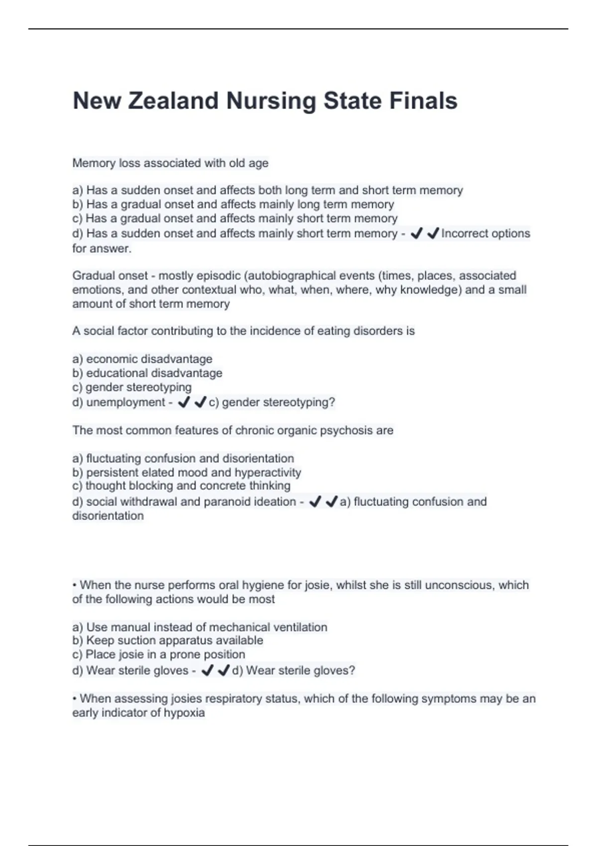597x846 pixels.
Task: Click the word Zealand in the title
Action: pyautogui.click(x=173, y=101)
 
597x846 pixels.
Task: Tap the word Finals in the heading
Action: pyautogui.click(x=423, y=101)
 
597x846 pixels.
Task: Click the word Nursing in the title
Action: pyautogui.click(x=271, y=101)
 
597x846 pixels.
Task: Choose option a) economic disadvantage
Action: pyautogui.click(x=142, y=359)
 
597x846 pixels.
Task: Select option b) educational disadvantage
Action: pyautogui.click(x=147, y=373)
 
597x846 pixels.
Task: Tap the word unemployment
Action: pyautogui.click(x=125, y=402)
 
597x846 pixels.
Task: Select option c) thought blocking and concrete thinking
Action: pyautogui.click(x=181, y=486)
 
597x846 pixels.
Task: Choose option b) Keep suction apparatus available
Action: pyautogui.click(x=168, y=640)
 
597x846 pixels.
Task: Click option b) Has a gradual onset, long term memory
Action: pyautogui.click(x=233, y=204)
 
